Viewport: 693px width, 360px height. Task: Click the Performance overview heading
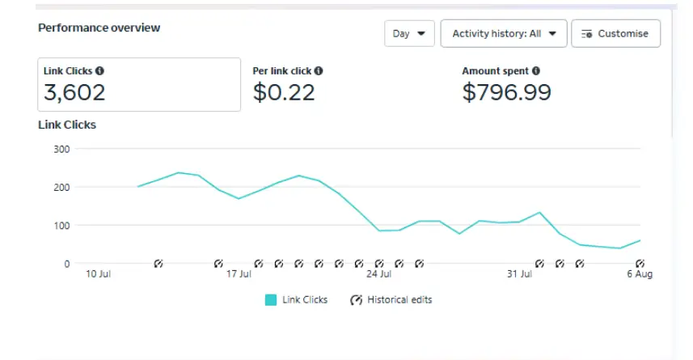click(x=99, y=28)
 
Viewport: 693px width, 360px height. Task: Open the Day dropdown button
click(x=409, y=34)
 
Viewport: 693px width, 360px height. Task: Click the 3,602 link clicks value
click(x=74, y=93)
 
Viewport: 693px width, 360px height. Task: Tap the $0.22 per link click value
click(x=284, y=93)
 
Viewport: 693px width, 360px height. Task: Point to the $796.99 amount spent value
click(x=506, y=93)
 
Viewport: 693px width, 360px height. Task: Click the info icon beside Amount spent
click(x=536, y=71)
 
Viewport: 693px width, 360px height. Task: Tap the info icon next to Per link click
click(x=319, y=71)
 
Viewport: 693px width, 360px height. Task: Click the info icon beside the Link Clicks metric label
click(x=99, y=71)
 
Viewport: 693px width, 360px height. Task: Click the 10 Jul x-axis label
click(x=98, y=274)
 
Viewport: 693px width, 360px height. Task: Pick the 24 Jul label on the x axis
click(x=378, y=274)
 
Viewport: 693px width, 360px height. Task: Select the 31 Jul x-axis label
click(x=519, y=274)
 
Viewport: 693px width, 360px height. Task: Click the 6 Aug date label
click(x=639, y=274)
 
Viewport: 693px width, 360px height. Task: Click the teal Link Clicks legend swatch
click(x=271, y=300)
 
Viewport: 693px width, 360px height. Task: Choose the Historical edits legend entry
click(x=391, y=300)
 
